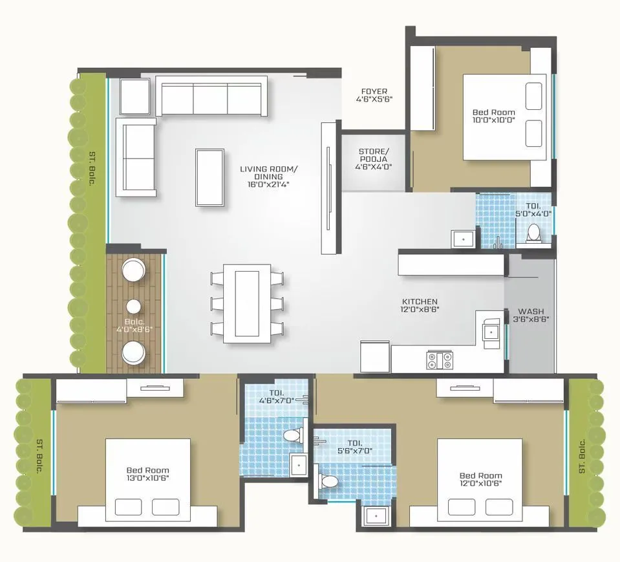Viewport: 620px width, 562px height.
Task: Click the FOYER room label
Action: click(374, 95)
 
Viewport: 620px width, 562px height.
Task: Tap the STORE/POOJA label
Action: click(374, 158)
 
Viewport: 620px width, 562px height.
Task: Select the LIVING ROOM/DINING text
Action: click(268, 175)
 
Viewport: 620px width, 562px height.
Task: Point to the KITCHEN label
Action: click(420, 306)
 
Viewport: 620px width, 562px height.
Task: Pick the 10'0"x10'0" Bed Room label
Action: click(493, 116)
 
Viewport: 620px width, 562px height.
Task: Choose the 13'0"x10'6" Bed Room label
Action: click(147, 474)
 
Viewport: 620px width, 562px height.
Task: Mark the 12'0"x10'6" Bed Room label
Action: click(480, 479)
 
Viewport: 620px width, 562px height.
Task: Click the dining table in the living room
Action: click(247, 303)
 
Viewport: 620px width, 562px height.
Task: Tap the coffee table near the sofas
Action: click(210, 177)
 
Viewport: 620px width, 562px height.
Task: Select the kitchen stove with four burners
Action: click(439, 360)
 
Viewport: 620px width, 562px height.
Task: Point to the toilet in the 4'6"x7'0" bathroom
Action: click(292, 435)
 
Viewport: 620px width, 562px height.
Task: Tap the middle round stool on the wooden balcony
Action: click(134, 307)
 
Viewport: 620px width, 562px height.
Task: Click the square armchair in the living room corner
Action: click(134, 96)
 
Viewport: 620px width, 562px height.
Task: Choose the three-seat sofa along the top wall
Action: click(211, 98)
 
